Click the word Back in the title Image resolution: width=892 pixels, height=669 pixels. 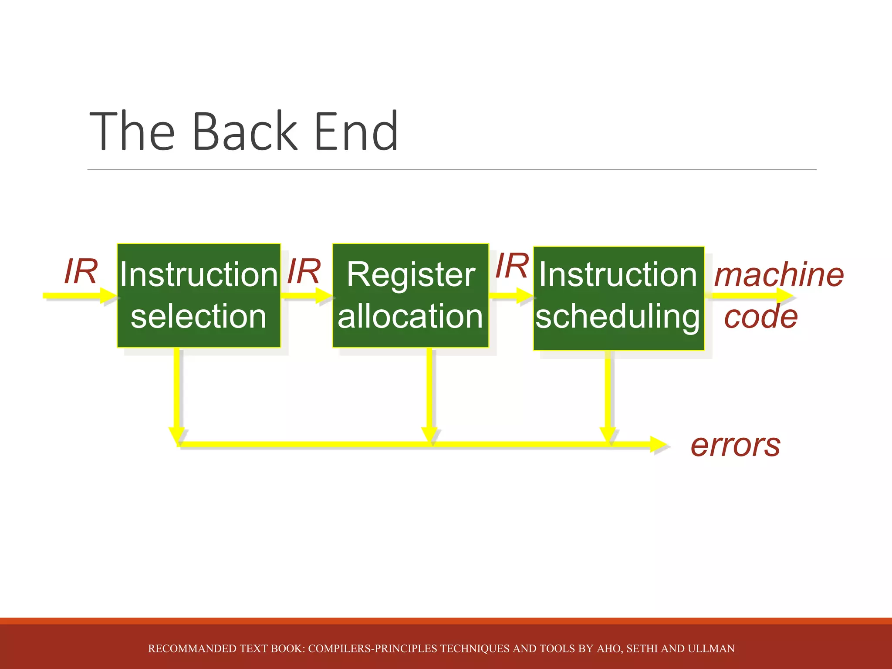(244, 132)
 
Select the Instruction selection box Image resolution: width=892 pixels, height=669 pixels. (199, 295)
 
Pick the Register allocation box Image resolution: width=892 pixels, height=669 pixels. (410, 295)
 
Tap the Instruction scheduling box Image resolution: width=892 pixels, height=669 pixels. (618, 298)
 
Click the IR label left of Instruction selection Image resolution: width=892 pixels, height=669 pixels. (81, 272)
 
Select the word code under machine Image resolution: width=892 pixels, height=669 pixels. (760, 317)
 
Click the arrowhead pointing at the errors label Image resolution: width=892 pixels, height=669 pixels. (658, 445)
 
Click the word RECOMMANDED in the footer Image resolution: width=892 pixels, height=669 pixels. (183, 649)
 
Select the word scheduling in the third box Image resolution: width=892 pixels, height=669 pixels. (617, 317)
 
